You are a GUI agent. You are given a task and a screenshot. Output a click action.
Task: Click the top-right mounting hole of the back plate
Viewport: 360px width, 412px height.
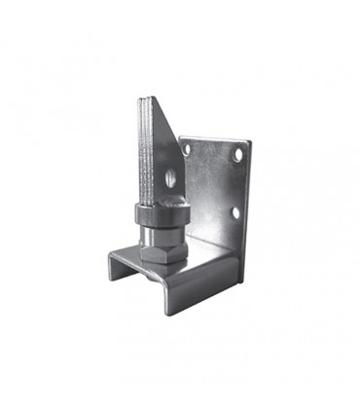click(236, 154)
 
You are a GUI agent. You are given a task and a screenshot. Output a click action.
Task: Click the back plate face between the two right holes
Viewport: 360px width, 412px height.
click(236, 183)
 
